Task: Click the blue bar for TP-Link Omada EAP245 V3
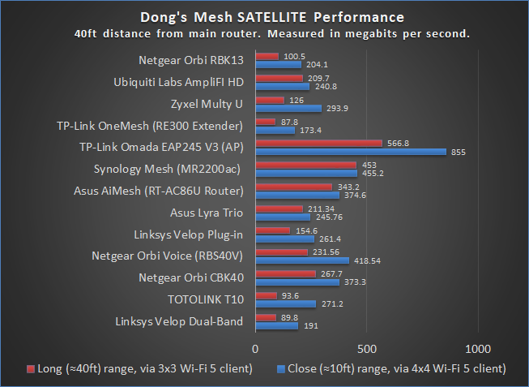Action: coord(351,151)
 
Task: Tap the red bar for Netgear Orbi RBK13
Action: coord(267,56)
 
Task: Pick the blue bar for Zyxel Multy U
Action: coord(288,108)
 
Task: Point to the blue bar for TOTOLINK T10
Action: coord(285,304)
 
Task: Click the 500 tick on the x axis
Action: coord(367,348)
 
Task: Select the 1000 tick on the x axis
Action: coord(479,348)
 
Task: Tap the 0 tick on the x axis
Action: coord(255,348)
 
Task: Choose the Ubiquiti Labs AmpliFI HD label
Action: coord(178,82)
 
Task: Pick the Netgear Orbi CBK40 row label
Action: coord(191,277)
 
